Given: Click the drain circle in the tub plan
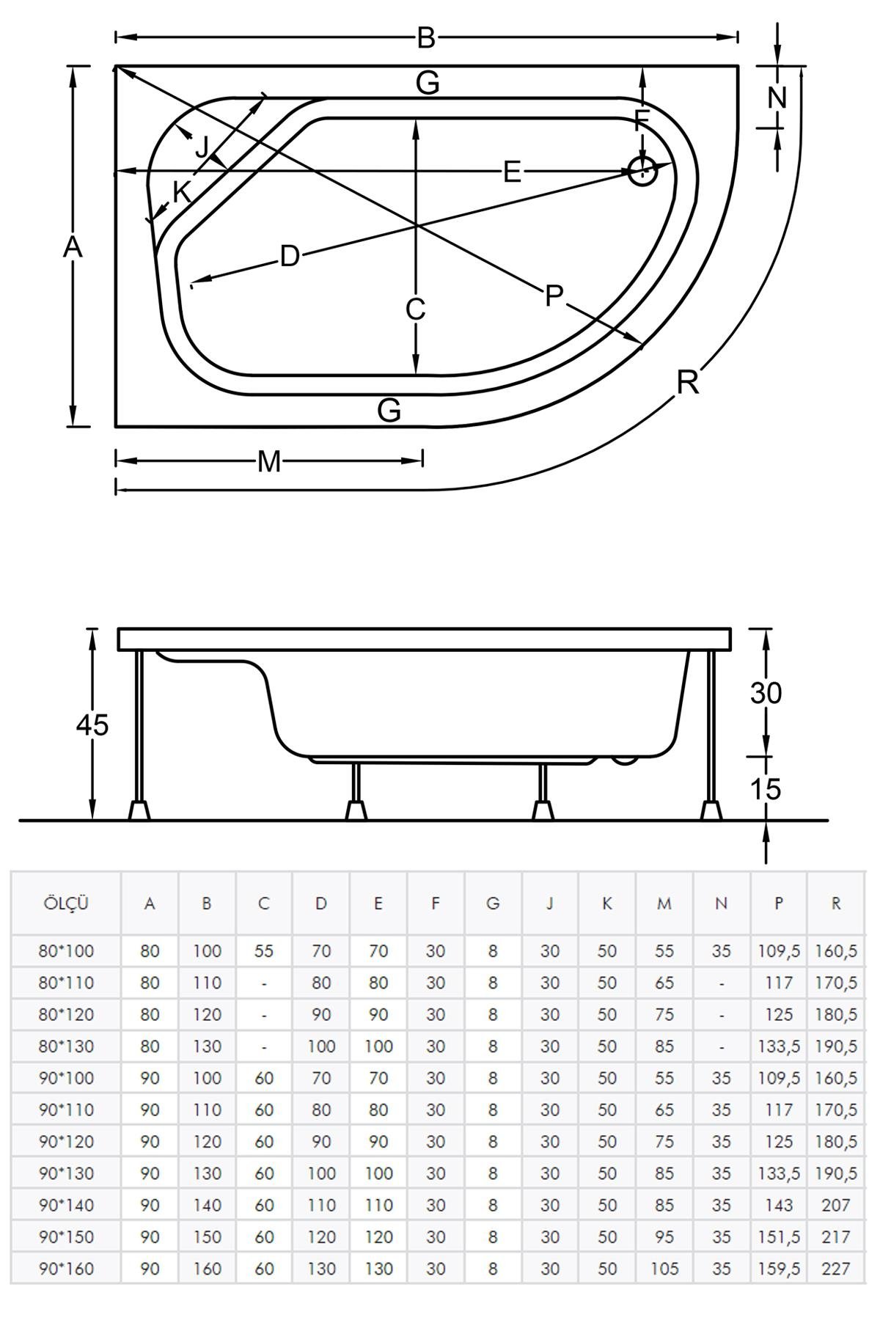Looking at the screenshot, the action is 642,172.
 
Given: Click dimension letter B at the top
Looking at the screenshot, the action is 426,37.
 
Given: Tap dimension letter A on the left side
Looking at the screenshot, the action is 72,248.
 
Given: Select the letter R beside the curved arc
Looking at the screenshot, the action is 688,382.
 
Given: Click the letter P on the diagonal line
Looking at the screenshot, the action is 554,296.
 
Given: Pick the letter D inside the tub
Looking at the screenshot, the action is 290,257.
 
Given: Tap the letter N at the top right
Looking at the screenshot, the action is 777,97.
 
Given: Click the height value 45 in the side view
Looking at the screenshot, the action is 92,725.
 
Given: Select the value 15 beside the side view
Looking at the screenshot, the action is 766,789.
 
